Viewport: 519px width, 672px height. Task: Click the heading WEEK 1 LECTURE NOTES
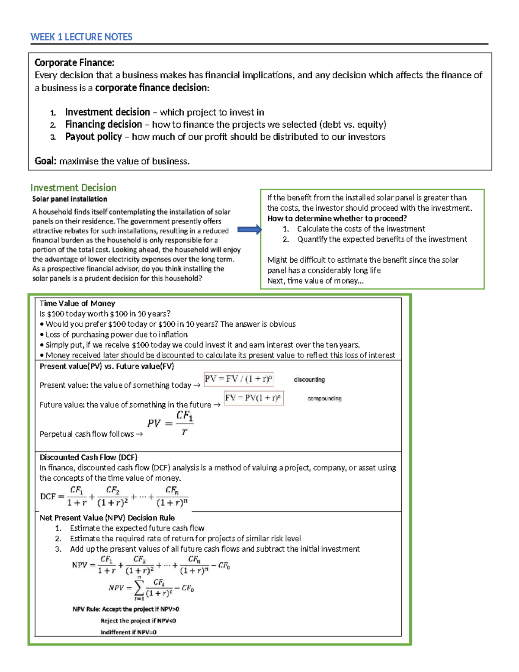(81, 37)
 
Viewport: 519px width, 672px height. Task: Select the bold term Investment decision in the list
(107, 112)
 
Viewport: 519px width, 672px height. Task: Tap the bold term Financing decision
(103, 125)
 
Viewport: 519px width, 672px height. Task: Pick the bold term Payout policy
(93, 137)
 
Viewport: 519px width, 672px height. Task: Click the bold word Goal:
(45, 161)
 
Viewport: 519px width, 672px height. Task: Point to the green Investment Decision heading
(73, 188)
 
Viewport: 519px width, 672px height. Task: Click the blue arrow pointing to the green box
(250, 230)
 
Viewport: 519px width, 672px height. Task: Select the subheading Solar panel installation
(70, 199)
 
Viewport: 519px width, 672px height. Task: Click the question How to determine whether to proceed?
(337, 219)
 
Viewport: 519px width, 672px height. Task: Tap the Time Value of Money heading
(77, 303)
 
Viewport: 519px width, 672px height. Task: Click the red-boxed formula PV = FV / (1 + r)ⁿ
(238, 379)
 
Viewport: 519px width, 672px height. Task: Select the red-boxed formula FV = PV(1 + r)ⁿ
(254, 398)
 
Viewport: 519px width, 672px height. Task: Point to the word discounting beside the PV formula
(309, 379)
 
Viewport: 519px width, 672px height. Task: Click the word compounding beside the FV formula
(324, 399)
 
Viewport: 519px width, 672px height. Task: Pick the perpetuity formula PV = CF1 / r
(170, 423)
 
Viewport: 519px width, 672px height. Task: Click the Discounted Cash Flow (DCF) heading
(88, 457)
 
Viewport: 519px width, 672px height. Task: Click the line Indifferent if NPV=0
(128, 632)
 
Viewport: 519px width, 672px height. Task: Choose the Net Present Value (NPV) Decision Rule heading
(107, 518)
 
